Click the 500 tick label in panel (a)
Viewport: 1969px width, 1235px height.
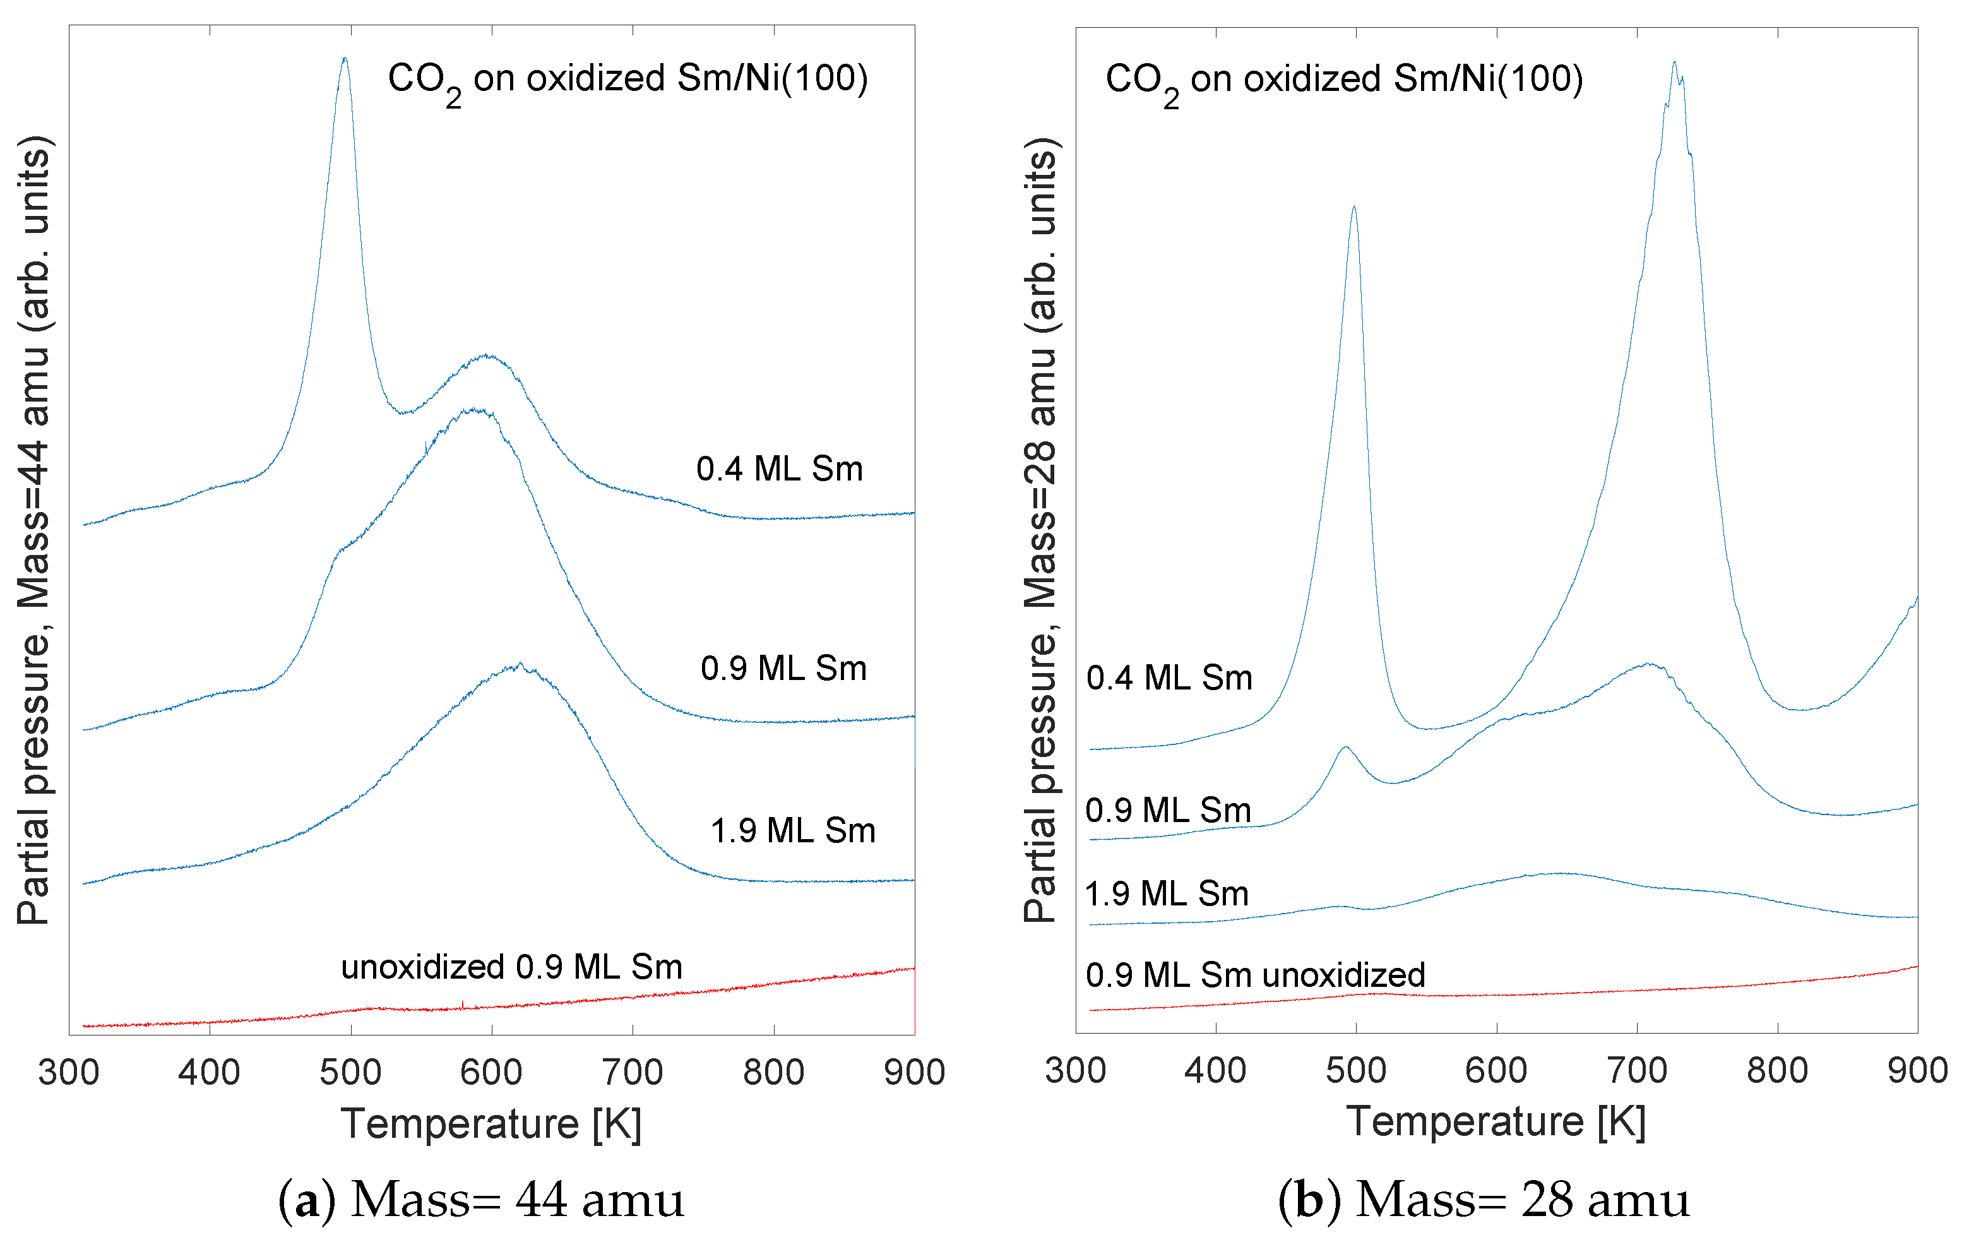(350, 1073)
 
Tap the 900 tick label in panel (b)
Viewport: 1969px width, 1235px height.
(1917, 1071)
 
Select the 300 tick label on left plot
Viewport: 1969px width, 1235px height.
(69, 1073)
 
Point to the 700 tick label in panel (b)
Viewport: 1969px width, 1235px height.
(1636, 1071)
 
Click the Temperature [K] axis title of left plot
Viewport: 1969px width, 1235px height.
(491, 1124)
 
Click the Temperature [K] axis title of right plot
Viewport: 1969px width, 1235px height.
(1496, 1121)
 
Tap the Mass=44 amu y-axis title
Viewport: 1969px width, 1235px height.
(34, 531)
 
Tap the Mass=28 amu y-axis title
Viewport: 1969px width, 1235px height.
(1040, 531)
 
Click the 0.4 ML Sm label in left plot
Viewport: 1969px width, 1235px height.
(779, 470)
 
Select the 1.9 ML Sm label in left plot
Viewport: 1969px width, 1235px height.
(792, 832)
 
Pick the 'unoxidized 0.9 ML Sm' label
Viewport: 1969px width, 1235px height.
(511, 967)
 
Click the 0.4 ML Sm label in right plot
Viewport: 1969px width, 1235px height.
(1169, 679)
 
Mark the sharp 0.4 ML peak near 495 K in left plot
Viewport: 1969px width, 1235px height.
(345, 59)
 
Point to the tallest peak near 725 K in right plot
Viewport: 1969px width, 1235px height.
(1674, 63)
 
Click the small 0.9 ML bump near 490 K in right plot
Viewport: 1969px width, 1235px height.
(1345, 748)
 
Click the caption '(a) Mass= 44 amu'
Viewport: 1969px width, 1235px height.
(481, 1200)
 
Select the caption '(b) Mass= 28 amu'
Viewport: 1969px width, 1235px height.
(1483, 1200)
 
